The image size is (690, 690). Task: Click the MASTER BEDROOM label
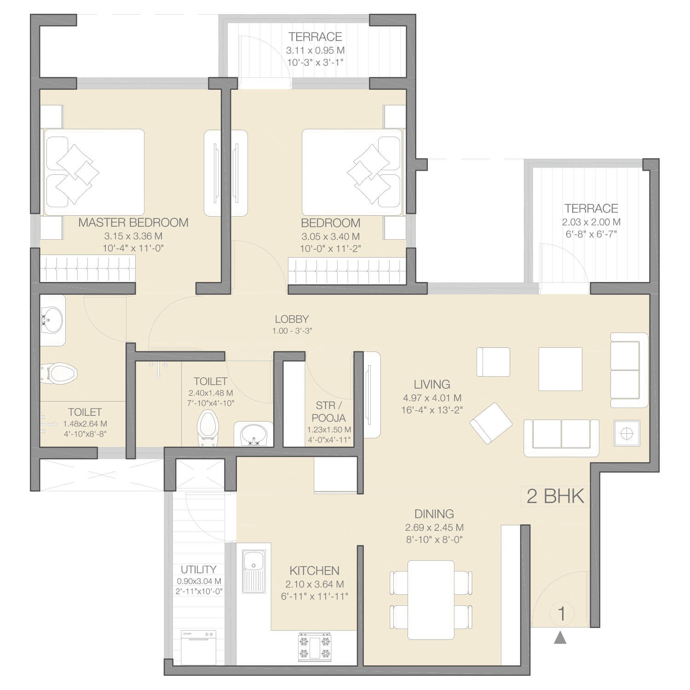click(133, 223)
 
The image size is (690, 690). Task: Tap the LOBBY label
click(292, 319)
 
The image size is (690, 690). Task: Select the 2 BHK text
click(555, 496)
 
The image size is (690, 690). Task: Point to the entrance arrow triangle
click(560, 638)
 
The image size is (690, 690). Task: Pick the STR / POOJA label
click(329, 411)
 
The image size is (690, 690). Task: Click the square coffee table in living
click(560, 369)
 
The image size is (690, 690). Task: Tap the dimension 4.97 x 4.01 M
click(432, 398)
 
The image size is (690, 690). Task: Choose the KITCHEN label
click(315, 571)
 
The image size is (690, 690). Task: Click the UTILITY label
click(198, 569)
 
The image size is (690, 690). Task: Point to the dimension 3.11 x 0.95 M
click(315, 51)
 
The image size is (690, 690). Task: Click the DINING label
click(434, 514)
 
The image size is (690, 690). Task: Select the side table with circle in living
click(627, 433)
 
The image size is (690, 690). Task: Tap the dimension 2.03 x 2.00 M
click(591, 222)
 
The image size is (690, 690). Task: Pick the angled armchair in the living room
click(491, 423)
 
